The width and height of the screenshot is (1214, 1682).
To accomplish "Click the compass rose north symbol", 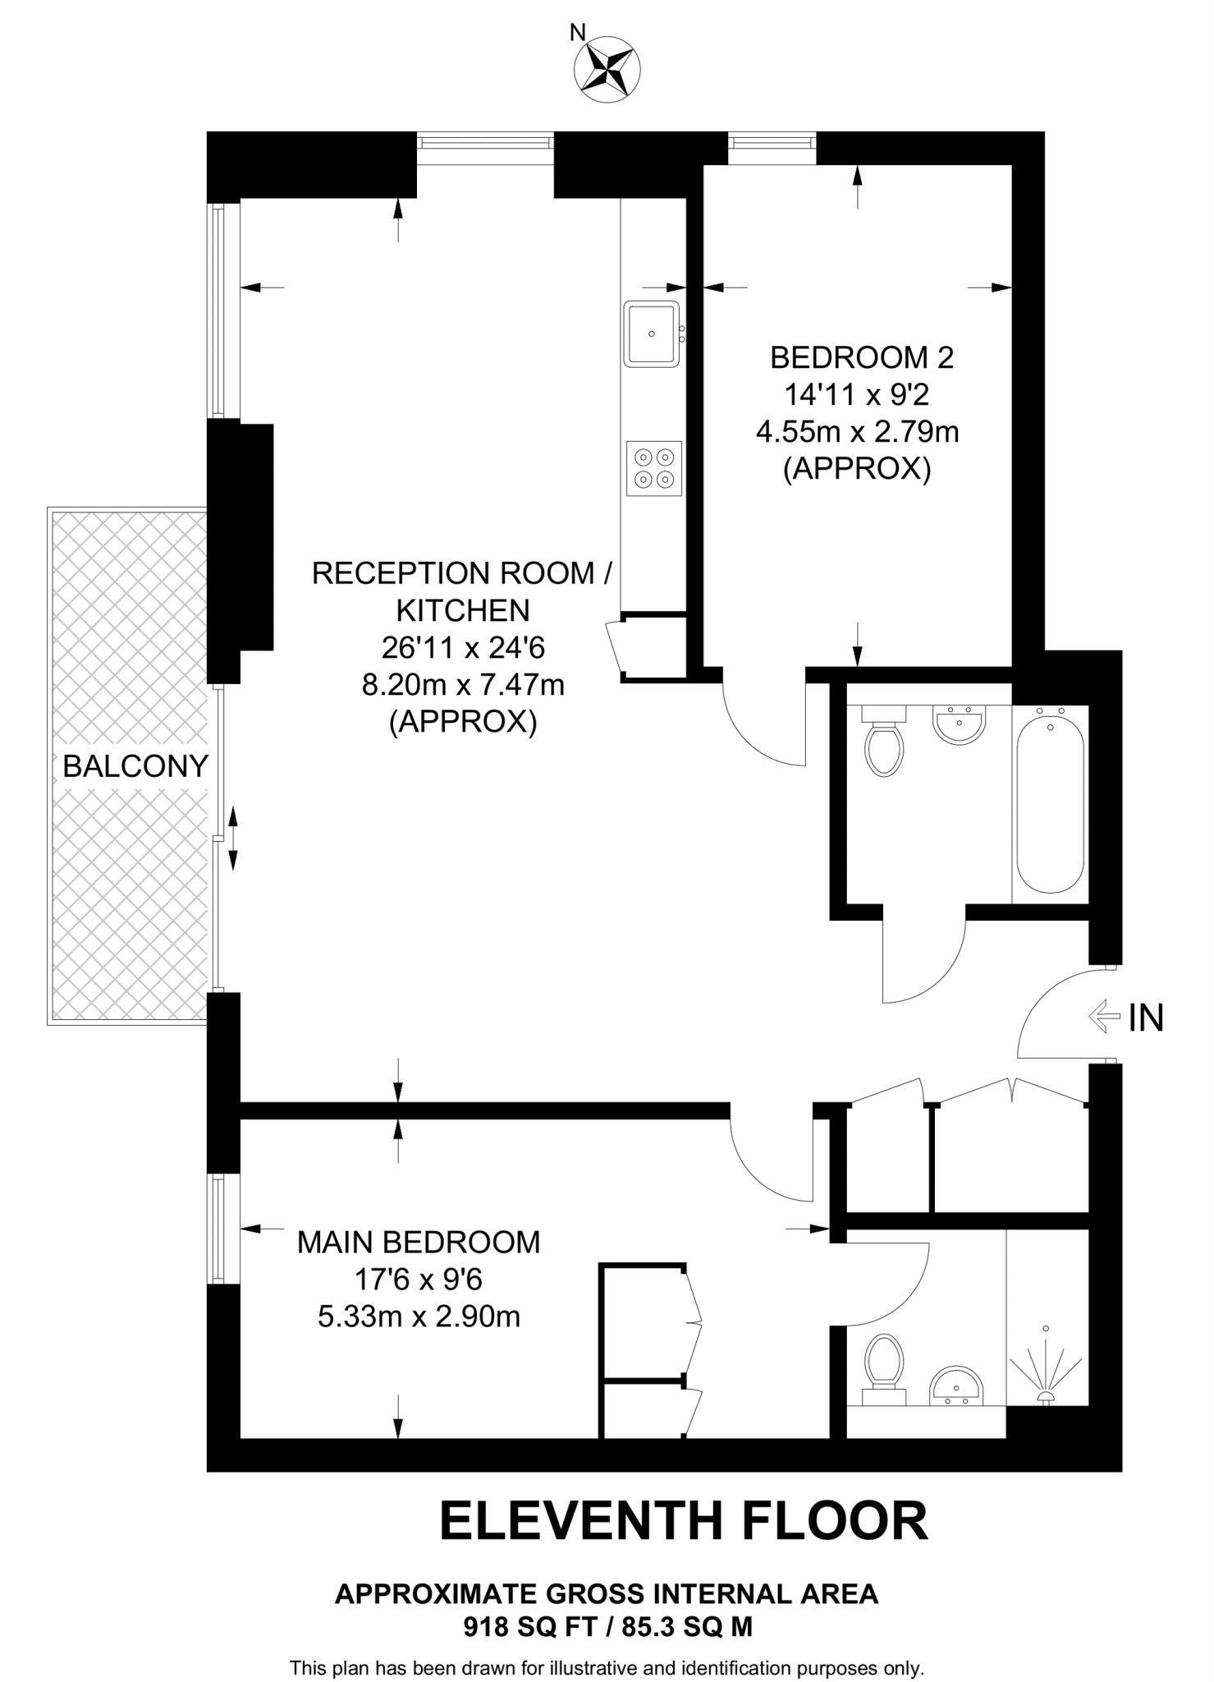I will point(607,69).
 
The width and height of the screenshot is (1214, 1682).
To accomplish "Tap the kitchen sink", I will point(653,333).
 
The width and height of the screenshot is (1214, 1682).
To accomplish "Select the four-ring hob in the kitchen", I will point(654,468).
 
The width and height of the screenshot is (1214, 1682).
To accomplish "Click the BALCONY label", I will point(135,766).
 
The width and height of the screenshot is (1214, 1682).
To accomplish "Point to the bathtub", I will point(1050,805).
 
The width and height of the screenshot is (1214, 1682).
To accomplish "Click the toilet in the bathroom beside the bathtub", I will point(884,743).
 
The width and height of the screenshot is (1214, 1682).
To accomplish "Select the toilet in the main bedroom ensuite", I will point(884,1367).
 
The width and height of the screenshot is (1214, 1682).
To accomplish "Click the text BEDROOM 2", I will point(861,357).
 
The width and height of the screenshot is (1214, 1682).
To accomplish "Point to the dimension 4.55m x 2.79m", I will point(857,431).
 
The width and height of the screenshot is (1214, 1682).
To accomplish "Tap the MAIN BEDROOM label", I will point(419,1242).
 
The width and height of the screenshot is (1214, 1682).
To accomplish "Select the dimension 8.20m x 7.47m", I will point(463,684).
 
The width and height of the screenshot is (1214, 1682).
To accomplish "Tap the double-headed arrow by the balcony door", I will point(232,838).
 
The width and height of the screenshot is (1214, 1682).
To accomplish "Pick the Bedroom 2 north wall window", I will point(772,143).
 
